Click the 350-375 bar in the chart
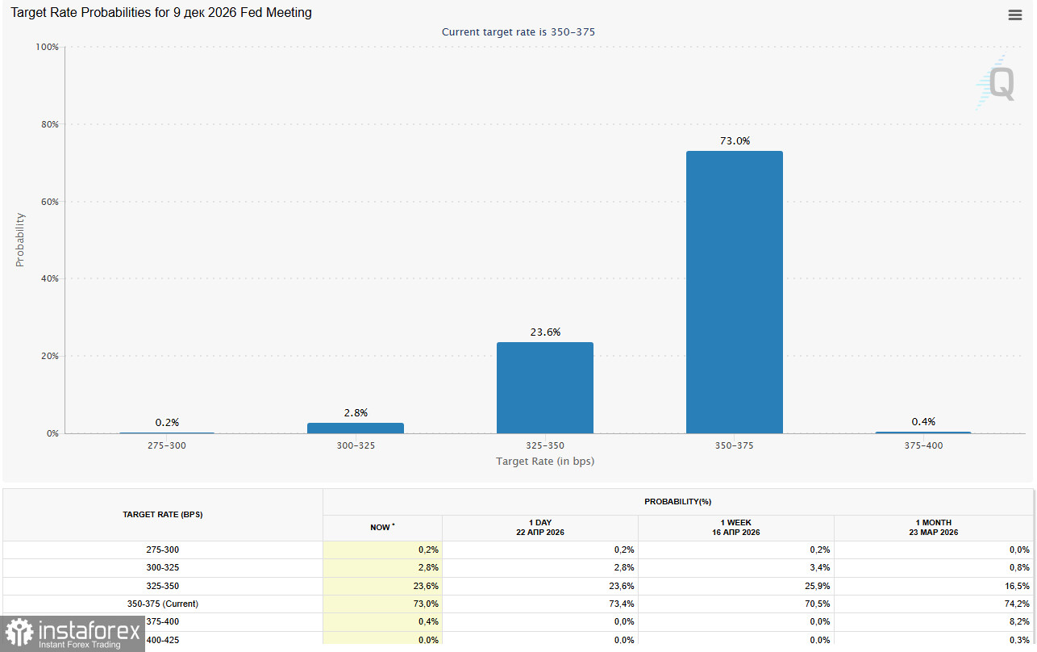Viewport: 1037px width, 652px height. click(734, 292)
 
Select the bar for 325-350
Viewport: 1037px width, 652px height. click(544, 387)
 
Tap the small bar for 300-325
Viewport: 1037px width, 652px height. click(355, 428)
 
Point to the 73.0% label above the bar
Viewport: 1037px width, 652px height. click(735, 141)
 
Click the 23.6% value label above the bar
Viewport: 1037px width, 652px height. click(545, 332)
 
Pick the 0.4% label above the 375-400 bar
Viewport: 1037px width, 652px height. click(923, 422)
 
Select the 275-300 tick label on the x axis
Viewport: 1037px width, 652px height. click(167, 445)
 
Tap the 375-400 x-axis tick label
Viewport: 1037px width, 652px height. click(923, 445)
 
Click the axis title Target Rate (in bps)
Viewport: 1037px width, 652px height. click(545, 462)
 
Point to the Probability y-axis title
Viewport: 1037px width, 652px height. click(20, 240)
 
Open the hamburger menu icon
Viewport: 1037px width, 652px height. click(1015, 15)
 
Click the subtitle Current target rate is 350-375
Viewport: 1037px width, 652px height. click(518, 32)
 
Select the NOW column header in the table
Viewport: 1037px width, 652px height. click(382, 528)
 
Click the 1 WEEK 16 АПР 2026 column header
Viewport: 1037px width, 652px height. click(735, 528)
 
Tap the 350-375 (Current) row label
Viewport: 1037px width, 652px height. click(162, 604)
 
